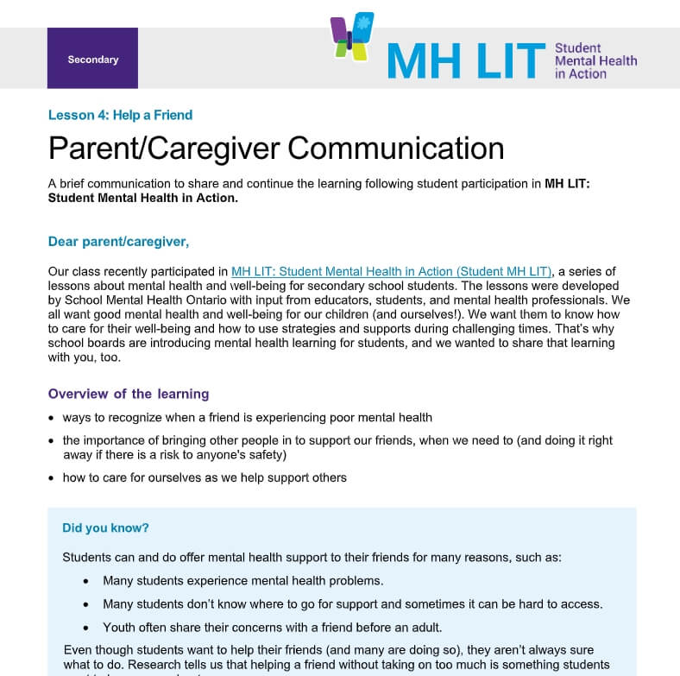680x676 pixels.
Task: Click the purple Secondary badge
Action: pos(92,60)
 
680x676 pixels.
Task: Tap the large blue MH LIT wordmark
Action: pos(466,60)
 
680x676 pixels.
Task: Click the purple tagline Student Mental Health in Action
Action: pos(595,60)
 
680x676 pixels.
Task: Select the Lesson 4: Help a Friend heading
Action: pos(120,115)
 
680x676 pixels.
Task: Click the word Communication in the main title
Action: pos(395,148)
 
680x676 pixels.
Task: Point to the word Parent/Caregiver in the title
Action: pos(164,148)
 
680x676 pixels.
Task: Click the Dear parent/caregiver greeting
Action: pos(118,241)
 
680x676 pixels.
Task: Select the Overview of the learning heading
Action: pos(129,394)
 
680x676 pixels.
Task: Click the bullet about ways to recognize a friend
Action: pos(247,417)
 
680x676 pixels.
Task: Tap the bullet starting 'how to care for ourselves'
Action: pos(205,477)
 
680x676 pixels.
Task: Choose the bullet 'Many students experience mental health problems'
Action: pos(243,580)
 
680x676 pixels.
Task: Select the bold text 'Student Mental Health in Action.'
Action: pos(142,198)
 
